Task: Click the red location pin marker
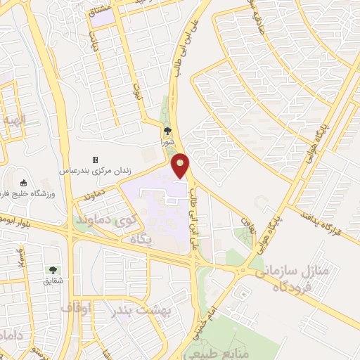(181, 166)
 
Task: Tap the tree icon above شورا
(167, 130)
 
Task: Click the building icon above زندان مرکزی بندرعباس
(96, 160)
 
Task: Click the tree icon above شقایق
(53, 270)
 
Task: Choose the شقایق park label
(53, 281)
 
